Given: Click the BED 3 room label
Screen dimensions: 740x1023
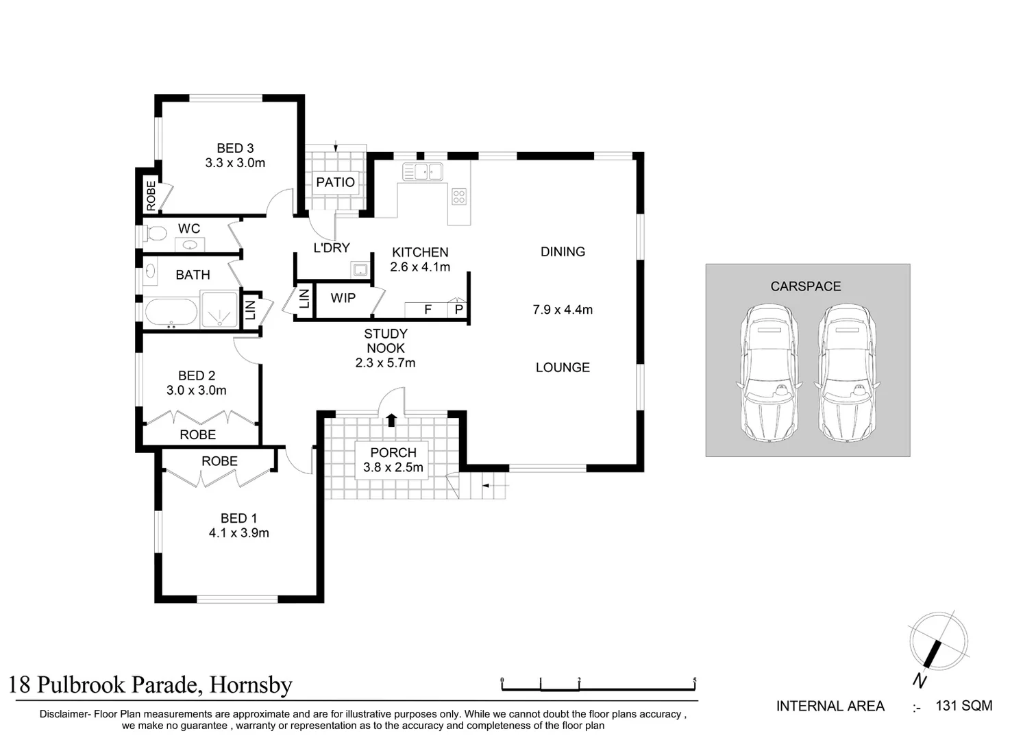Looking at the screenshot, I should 235,148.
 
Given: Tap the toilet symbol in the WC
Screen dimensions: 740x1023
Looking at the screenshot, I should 156,234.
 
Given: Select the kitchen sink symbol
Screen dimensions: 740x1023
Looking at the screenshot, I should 422,172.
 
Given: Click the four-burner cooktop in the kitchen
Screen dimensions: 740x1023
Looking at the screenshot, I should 459,197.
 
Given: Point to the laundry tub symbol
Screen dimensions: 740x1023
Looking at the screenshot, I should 360,269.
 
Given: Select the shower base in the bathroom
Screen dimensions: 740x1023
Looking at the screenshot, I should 219,310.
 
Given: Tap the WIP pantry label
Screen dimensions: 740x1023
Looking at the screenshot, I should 343,298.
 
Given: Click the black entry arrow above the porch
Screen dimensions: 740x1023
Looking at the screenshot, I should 391,419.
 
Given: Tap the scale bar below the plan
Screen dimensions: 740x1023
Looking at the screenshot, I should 598,685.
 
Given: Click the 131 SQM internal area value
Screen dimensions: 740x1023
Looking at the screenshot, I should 963,706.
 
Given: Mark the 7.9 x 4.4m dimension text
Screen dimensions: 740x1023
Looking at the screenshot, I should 563,310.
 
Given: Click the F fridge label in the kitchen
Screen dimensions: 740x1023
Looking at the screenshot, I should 428,310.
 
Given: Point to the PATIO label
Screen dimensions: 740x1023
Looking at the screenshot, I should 335,182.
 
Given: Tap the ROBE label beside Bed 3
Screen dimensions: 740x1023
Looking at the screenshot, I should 151,196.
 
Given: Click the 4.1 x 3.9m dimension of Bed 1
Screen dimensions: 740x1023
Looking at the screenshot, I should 238,533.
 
